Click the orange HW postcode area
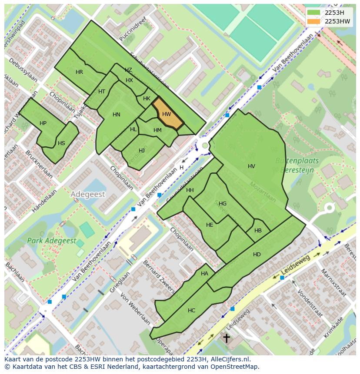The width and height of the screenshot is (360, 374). point(167,114)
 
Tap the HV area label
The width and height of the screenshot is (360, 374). point(251,166)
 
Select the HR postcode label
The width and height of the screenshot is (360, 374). point(79,72)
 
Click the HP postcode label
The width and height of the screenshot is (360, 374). point(43,123)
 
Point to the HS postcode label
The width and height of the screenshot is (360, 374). point(61,143)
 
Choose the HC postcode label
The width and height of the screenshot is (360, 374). point(191,310)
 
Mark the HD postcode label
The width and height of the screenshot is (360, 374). point(257,254)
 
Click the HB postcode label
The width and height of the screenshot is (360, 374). point(258,231)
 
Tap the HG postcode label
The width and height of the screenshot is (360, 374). point(223,203)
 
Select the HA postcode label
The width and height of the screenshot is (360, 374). point(204,274)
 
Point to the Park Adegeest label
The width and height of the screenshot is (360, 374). point(51,241)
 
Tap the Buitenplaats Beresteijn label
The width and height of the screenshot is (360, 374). point(297,165)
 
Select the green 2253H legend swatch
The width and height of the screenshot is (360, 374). point(313,12)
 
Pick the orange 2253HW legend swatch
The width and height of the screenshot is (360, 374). point(313,21)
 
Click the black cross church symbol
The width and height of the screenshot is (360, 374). point(227,338)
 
